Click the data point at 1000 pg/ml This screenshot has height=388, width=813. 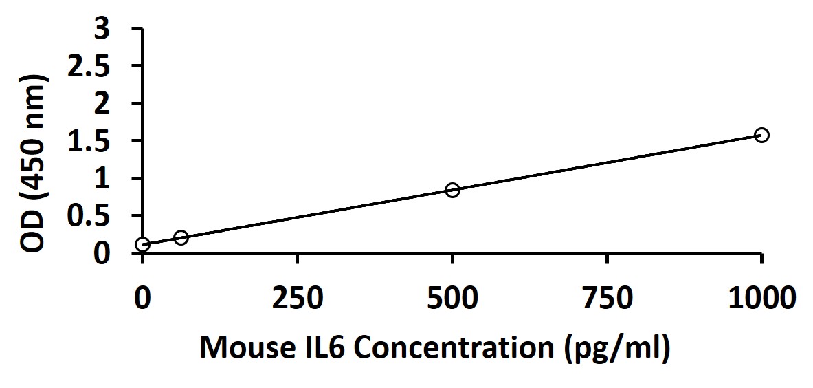click(x=761, y=135)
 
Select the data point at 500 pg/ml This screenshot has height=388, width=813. click(x=452, y=190)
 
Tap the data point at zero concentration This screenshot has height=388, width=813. click(x=143, y=244)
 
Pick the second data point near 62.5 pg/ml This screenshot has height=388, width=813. click(x=181, y=237)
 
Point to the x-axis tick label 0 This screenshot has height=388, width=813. click(x=142, y=299)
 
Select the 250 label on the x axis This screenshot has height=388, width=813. click(x=297, y=299)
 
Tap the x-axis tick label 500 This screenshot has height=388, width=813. click(x=452, y=299)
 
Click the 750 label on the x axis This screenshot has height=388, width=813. click(x=607, y=299)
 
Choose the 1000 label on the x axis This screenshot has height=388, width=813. click(x=761, y=299)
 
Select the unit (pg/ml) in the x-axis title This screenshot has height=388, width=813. click(x=615, y=349)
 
